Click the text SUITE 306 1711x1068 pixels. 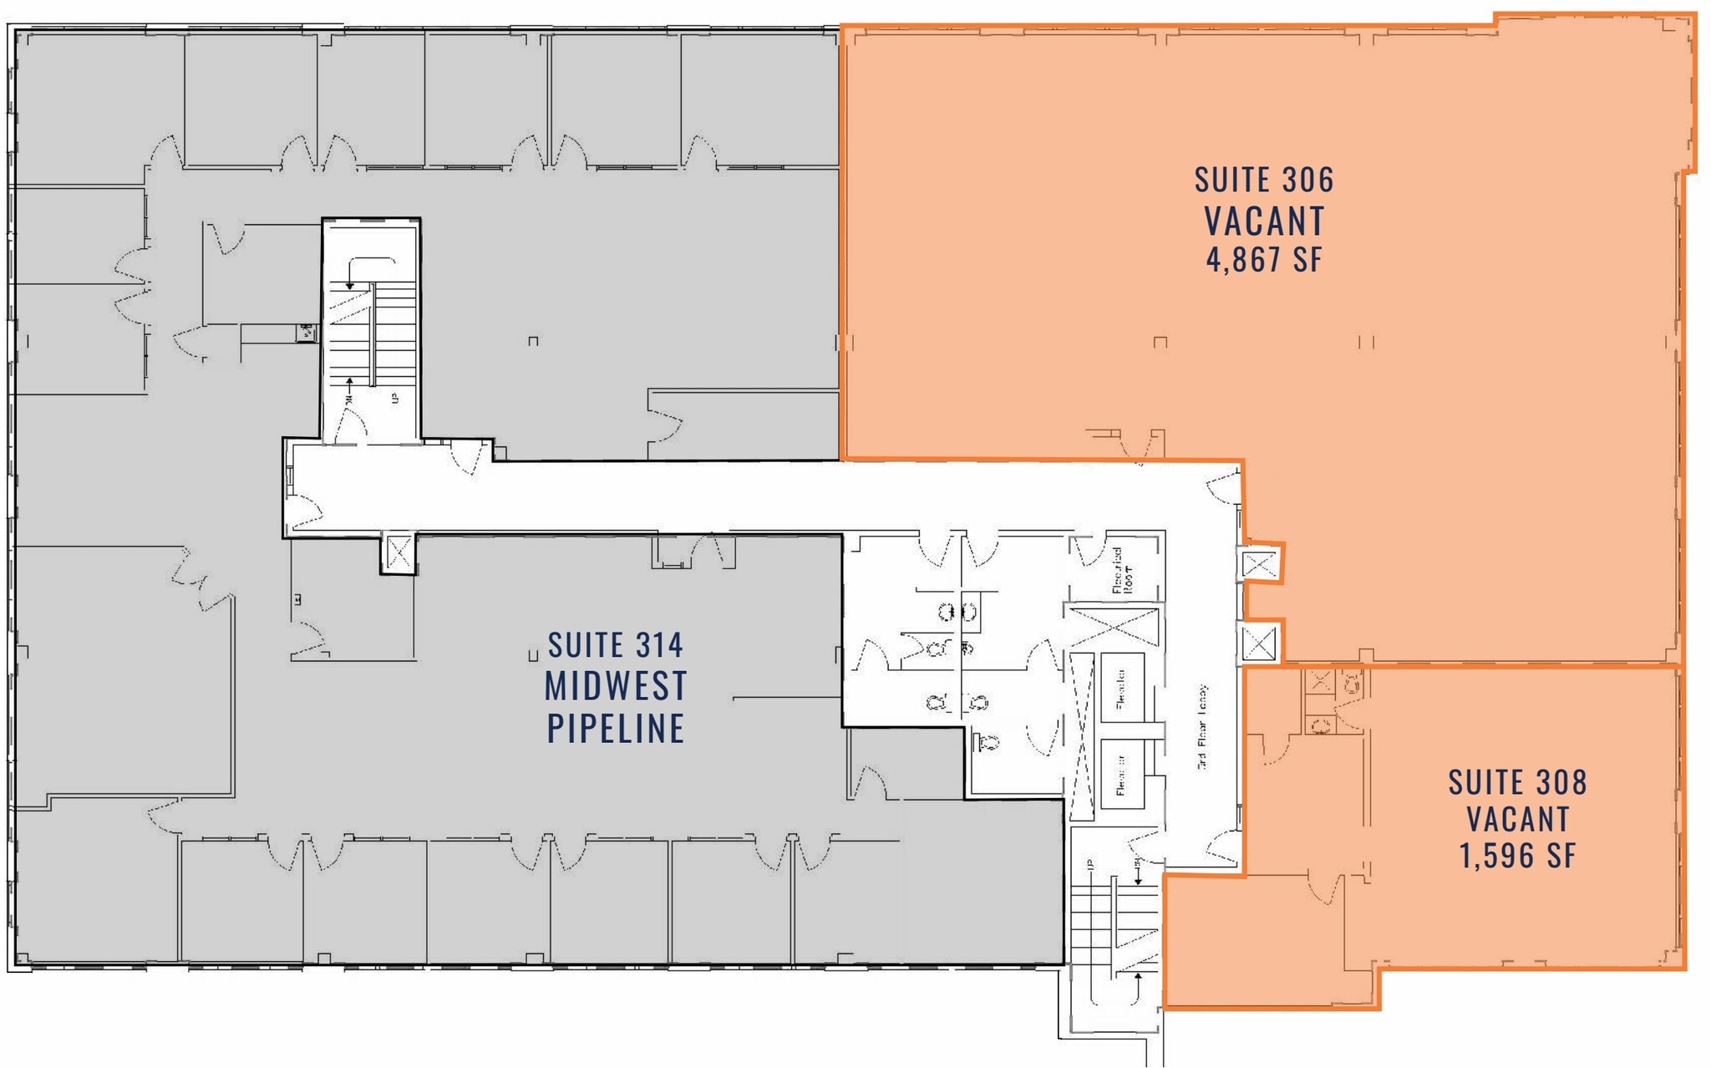[x=1263, y=181]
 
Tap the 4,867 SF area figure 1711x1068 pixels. [x=1263, y=259]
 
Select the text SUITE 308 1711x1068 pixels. [x=1517, y=783]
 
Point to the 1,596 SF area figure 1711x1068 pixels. [x=1517, y=856]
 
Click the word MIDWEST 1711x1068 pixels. [x=616, y=686]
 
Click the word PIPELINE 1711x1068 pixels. [x=616, y=729]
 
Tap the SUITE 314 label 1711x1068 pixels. [x=616, y=645]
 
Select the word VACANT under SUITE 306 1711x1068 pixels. [x=1263, y=221]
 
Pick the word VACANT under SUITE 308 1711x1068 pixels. [x=1517, y=819]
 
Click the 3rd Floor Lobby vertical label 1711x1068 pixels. [x=1202, y=726]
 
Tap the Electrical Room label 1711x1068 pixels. [x=1122, y=570]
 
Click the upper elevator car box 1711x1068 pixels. [x=1121, y=687]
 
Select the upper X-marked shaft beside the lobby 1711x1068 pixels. [x=1260, y=565]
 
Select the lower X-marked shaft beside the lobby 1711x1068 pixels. [x=1260, y=643]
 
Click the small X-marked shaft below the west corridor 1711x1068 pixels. [x=399, y=553]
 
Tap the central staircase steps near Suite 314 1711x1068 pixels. [x=373, y=334]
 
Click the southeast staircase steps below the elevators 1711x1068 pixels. [x=1114, y=919]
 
